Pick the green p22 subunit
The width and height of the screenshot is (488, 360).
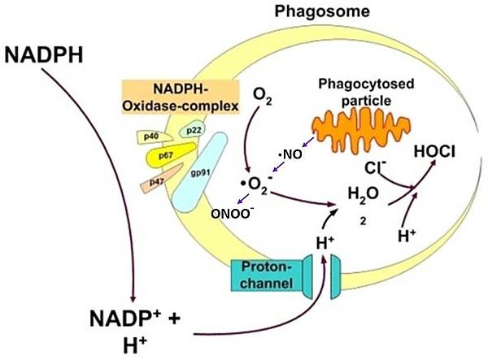194,128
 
